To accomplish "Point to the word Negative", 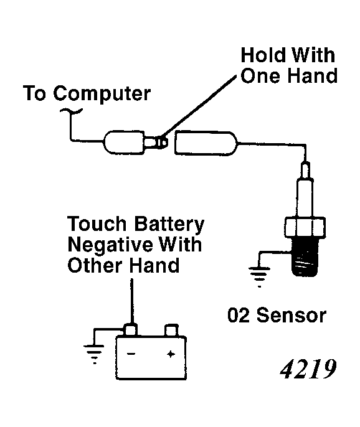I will coord(103,245).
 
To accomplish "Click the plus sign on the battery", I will coord(169,354).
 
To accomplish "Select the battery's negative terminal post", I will coord(131,329).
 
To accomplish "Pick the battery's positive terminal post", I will coord(171,329).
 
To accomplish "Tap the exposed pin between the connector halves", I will coord(161,142).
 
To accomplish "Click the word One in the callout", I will coord(263,76).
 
